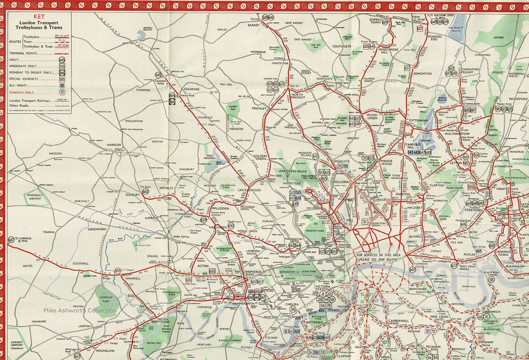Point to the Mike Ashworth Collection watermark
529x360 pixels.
[80, 310]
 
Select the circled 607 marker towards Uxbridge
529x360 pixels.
[11, 240]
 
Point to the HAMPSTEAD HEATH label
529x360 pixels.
[292, 171]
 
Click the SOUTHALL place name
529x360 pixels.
[80, 263]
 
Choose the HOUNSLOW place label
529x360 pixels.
[106, 351]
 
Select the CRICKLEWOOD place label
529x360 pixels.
[249, 191]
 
